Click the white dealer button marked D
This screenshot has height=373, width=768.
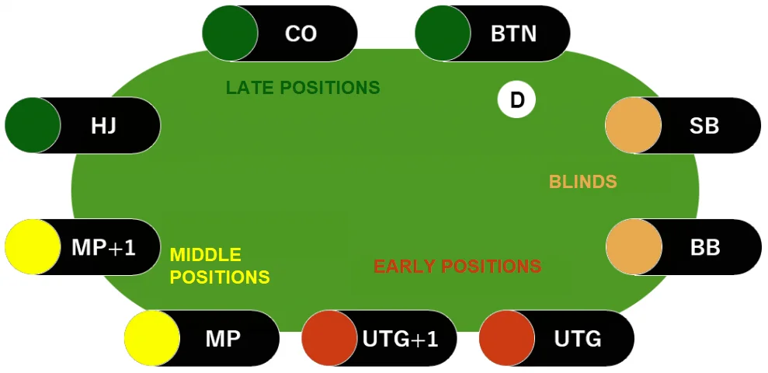pos(516,99)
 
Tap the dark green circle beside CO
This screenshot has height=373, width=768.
pos(230,33)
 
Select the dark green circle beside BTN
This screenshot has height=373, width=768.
pos(443,33)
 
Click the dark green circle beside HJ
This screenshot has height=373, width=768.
pos(33,124)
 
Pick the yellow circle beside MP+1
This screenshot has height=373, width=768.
pos(33,247)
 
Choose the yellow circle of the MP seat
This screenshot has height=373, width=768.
pos(152,338)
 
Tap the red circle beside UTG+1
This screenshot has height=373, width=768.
pos(329,338)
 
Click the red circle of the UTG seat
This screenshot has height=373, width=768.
pos(506,338)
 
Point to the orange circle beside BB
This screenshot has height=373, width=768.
pos(633,247)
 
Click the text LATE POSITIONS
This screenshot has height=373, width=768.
pos(303,88)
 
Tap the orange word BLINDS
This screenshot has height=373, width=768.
pos(582,182)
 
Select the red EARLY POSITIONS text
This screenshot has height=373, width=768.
pos(457,267)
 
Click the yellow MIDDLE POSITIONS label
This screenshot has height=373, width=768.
pos(220,266)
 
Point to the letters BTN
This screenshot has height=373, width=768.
pos(513,34)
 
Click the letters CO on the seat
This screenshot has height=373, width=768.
pos(301,34)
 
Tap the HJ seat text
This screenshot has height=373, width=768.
pos(103,125)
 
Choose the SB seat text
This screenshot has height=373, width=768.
pos(704,125)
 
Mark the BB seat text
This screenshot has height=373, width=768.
pos(705,248)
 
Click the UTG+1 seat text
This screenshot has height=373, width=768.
pos(400,339)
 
